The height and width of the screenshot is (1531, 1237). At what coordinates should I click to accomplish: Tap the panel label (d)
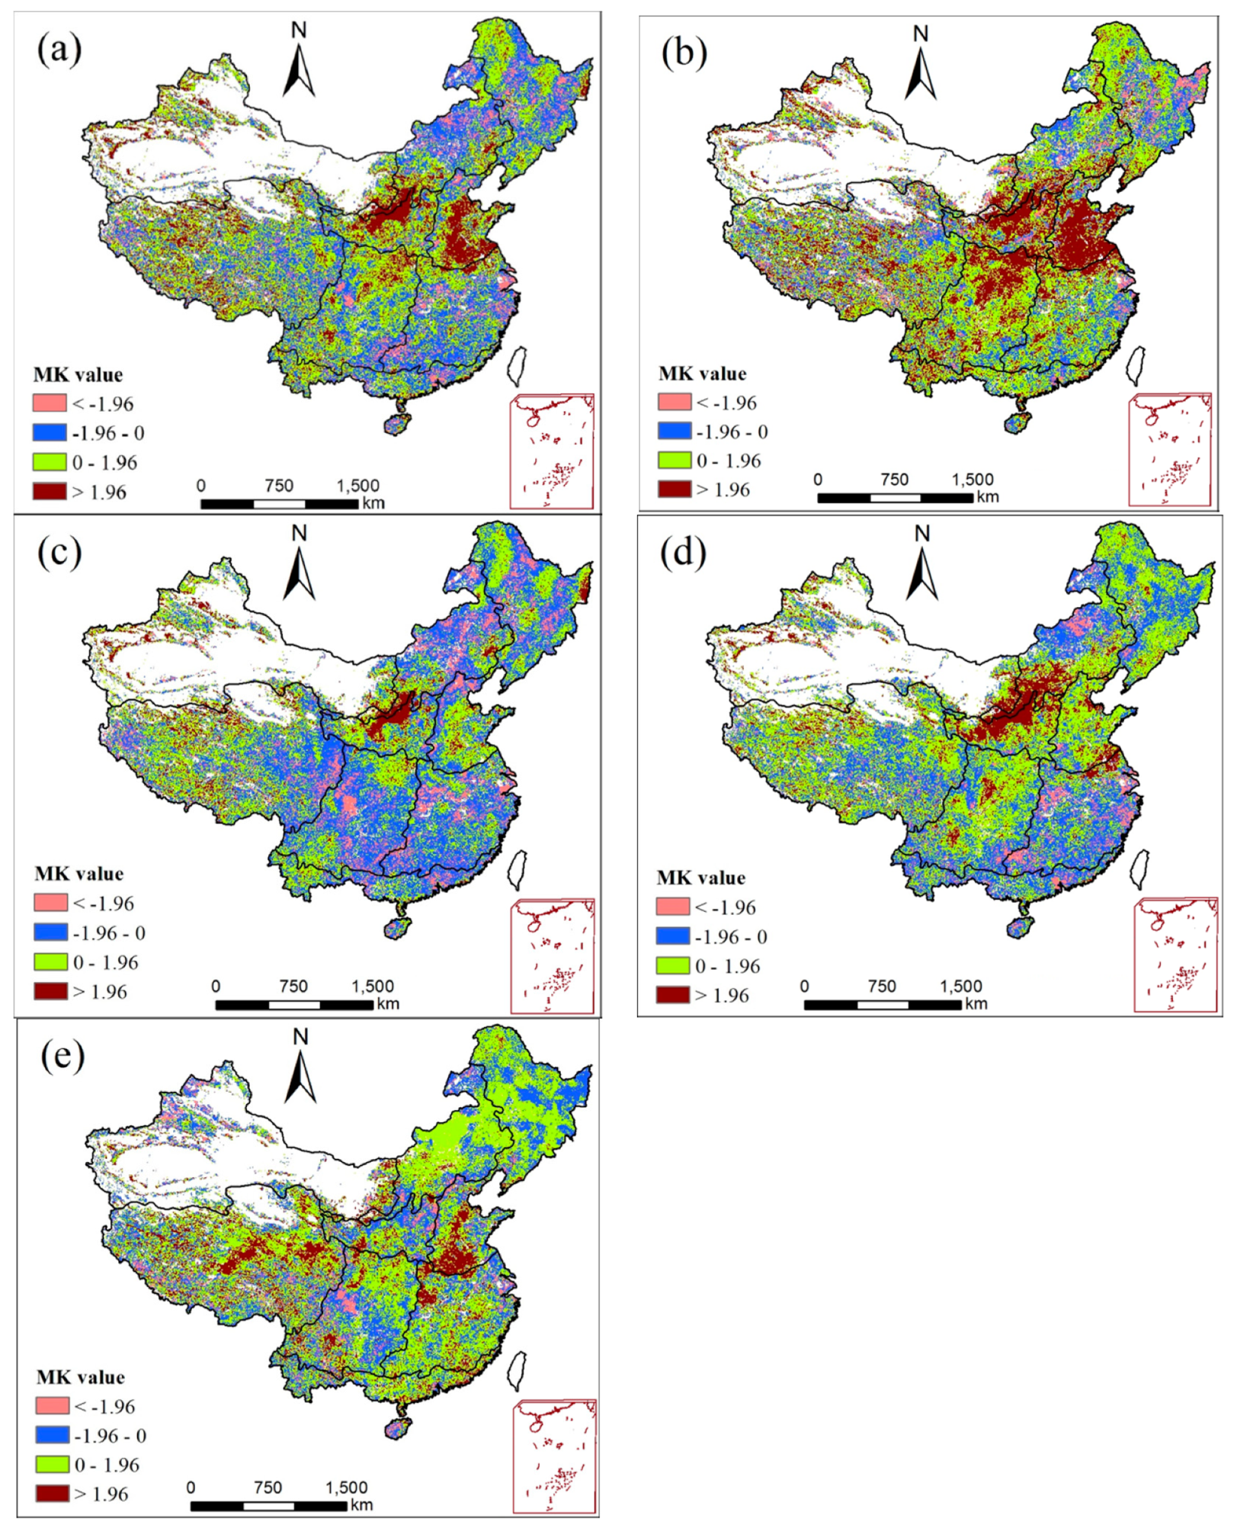coord(682,551)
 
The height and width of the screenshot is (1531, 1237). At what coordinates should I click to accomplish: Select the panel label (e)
coord(62,1055)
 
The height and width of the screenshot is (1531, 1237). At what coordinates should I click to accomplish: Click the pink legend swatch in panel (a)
coord(50,403)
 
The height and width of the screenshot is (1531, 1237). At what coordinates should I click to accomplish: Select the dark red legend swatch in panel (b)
coord(675,489)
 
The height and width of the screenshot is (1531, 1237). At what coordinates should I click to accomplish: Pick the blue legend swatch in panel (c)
coord(50,932)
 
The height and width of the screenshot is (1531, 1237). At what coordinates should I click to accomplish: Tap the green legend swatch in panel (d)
coord(672,965)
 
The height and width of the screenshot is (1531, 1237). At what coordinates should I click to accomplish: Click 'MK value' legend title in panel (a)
coord(78,374)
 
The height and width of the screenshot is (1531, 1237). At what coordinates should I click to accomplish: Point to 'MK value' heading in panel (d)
coord(700,878)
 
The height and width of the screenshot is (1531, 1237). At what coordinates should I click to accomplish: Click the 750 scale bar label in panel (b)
coord(894,479)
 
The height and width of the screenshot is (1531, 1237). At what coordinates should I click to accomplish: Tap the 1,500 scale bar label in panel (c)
coord(372,986)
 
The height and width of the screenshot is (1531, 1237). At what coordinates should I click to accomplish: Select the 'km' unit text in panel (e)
coord(361,1504)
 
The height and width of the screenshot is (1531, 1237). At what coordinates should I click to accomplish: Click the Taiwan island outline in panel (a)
coord(518,365)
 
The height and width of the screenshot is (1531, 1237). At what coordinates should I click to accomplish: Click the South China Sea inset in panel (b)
coord(1169,449)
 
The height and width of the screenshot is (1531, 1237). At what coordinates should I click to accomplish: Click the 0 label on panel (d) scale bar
coord(804,986)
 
